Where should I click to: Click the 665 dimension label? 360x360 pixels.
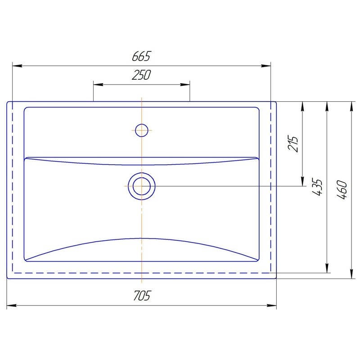[x=141, y=56]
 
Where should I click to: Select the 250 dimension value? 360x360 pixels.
[x=141, y=75]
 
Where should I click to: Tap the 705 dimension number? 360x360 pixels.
[x=142, y=296]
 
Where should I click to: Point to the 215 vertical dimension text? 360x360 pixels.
[x=293, y=144]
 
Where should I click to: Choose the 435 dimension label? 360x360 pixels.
[x=317, y=187]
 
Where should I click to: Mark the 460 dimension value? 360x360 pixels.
[x=342, y=189]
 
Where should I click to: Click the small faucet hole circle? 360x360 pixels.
[x=142, y=130]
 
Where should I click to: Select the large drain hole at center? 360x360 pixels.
[x=142, y=186]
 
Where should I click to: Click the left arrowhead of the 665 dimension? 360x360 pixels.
[x=17, y=66]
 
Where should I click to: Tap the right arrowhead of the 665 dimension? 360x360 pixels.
[x=266, y=66]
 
